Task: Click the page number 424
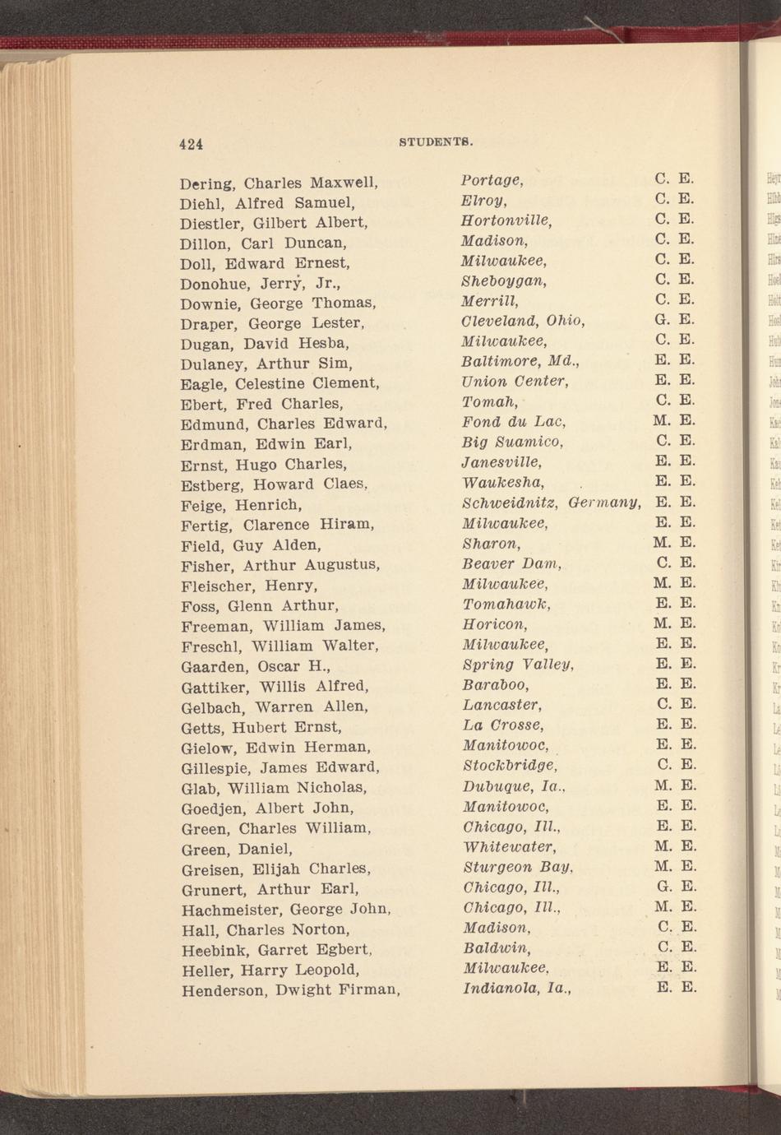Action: click(191, 144)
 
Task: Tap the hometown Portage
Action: click(492, 180)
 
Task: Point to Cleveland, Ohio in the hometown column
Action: click(523, 321)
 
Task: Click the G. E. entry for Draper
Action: click(675, 321)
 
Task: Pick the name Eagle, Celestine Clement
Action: click(280, 383)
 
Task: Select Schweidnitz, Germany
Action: click(551, 502)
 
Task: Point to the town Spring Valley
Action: click(517, 664)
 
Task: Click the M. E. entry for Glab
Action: click(675, 785)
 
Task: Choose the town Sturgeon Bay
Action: click(517, 866)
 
